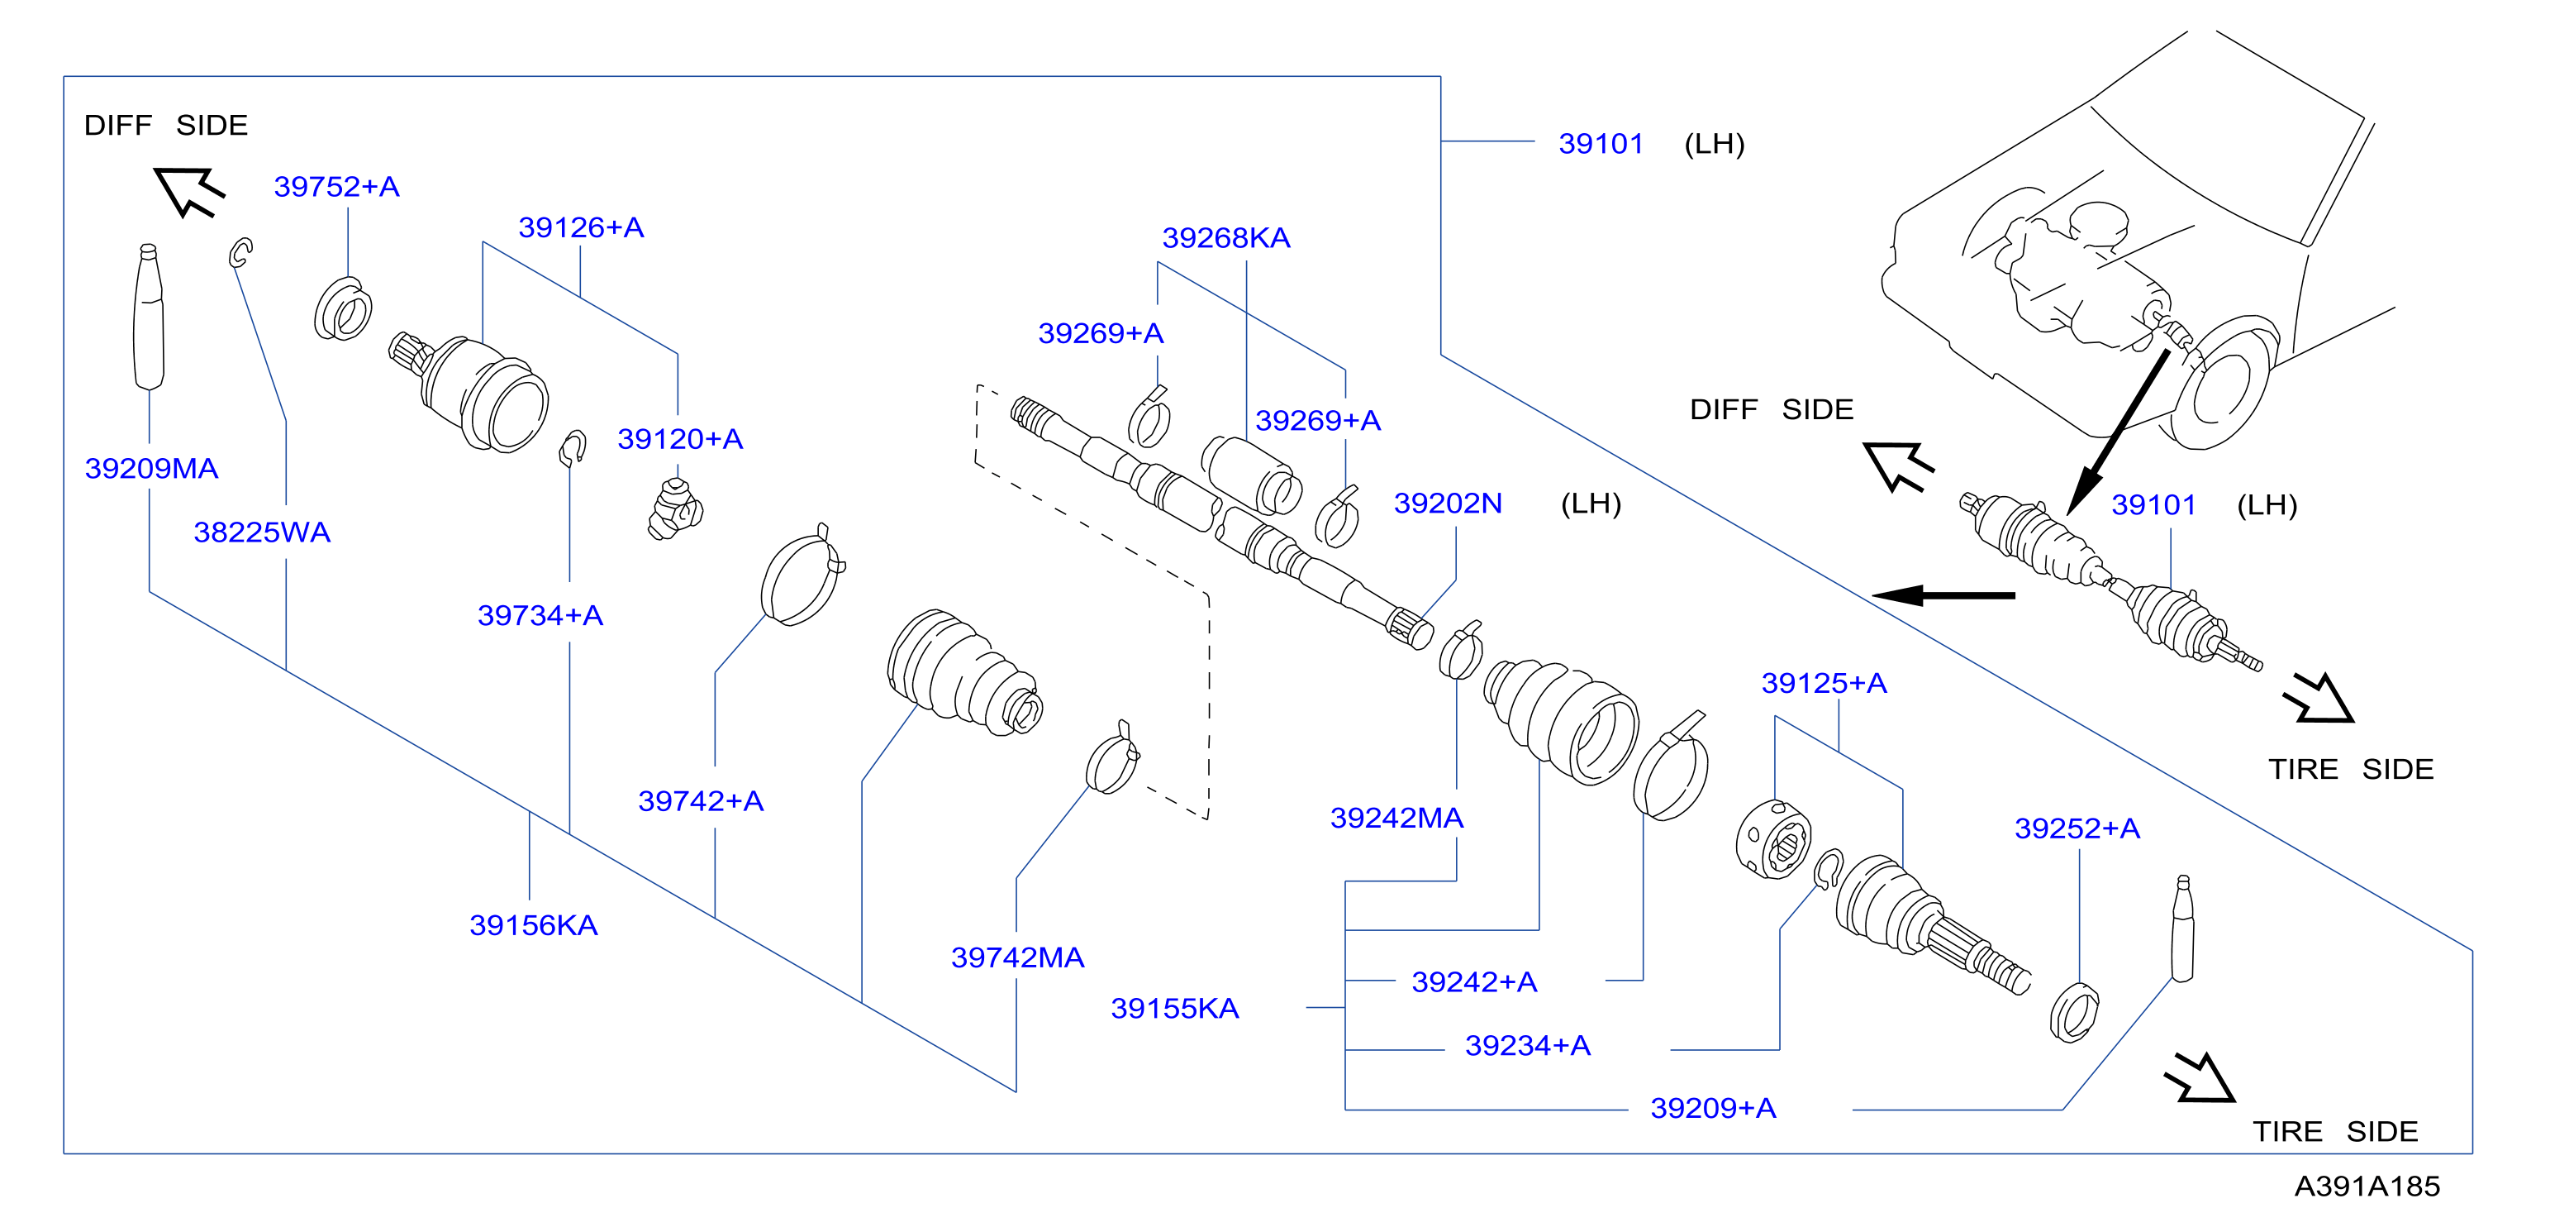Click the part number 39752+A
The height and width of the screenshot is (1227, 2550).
click(336, 186)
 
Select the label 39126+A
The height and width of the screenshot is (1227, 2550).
click(581, 227)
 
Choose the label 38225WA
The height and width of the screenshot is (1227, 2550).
click(261, 532)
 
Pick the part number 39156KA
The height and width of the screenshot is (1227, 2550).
click(533, 925)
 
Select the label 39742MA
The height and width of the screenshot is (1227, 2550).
click(1018, 957)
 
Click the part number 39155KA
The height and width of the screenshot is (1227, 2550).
click(1174, 1008)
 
